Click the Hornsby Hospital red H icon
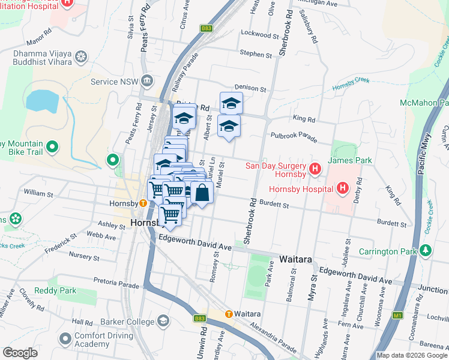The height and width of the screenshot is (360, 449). pos(342,189)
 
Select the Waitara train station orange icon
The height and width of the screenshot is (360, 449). pos(228,314)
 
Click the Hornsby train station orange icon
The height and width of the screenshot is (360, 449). pos(143,203)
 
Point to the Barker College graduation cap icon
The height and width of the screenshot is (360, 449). pos(163,322)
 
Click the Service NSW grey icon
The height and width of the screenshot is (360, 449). pos(146,82)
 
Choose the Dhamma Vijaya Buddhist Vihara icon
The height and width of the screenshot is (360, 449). pos(80,58)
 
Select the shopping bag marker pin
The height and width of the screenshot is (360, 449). pos(202,193)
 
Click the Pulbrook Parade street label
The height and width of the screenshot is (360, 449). pos(294,137)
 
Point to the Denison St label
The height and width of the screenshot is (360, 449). pos(250,88)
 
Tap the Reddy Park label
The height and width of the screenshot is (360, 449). pos(55,290)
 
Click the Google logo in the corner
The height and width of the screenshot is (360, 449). pos(20,353)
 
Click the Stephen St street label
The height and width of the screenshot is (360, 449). pos(256,54)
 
